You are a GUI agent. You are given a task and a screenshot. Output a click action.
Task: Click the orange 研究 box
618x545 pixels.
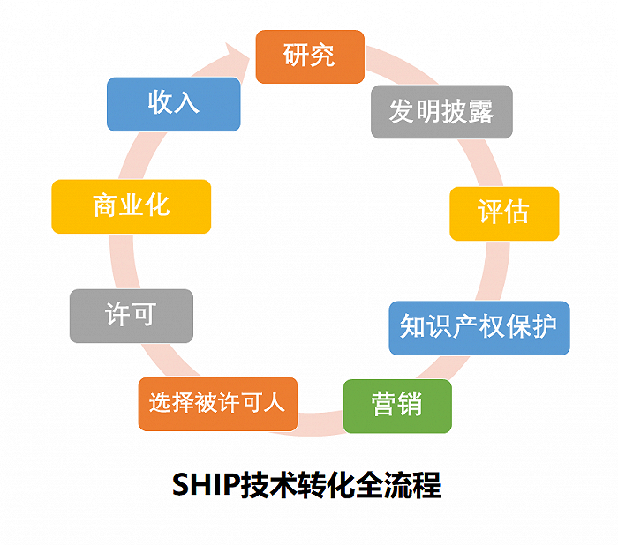310,56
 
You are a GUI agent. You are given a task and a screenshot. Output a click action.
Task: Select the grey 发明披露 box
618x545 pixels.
441,112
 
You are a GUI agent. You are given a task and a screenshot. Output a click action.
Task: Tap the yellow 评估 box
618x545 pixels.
504,213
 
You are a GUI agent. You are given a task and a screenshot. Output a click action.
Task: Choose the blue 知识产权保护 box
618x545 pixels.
479,328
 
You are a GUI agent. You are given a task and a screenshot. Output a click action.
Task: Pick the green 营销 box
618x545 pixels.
397,406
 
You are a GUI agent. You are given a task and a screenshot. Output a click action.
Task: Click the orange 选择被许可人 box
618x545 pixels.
217,404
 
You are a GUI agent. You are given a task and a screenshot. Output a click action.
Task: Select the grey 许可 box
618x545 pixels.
131,316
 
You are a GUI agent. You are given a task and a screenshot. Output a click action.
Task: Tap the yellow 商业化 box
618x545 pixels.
131,206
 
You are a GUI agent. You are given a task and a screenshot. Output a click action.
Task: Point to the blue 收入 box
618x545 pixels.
173,103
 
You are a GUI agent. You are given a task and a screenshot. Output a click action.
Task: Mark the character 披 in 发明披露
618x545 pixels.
455,112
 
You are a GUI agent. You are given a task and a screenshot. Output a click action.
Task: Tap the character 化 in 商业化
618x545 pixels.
156,206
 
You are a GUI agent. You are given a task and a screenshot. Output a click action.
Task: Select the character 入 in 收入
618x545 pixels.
186,103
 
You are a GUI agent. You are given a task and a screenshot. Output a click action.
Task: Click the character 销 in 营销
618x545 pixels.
410,406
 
